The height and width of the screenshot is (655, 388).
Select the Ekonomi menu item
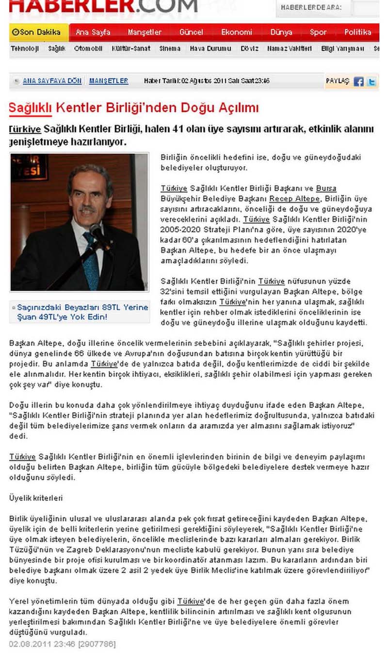(237, 33)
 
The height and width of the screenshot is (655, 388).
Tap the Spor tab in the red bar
(318, 33)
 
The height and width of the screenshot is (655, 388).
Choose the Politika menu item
(358, 33)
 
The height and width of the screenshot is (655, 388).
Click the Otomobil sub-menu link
(88, 49)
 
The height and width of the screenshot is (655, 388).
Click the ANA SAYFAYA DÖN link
(52, 81)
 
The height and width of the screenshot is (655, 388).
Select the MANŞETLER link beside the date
(109, 81)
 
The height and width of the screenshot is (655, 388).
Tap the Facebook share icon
(358, 82)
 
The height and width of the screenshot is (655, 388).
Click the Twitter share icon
(372, 82)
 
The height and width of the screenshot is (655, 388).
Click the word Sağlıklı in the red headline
(30, 107)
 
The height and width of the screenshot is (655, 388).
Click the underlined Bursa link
(326, 188)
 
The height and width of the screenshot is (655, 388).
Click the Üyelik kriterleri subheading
(36, 498)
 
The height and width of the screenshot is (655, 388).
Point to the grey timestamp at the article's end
(62, 644)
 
